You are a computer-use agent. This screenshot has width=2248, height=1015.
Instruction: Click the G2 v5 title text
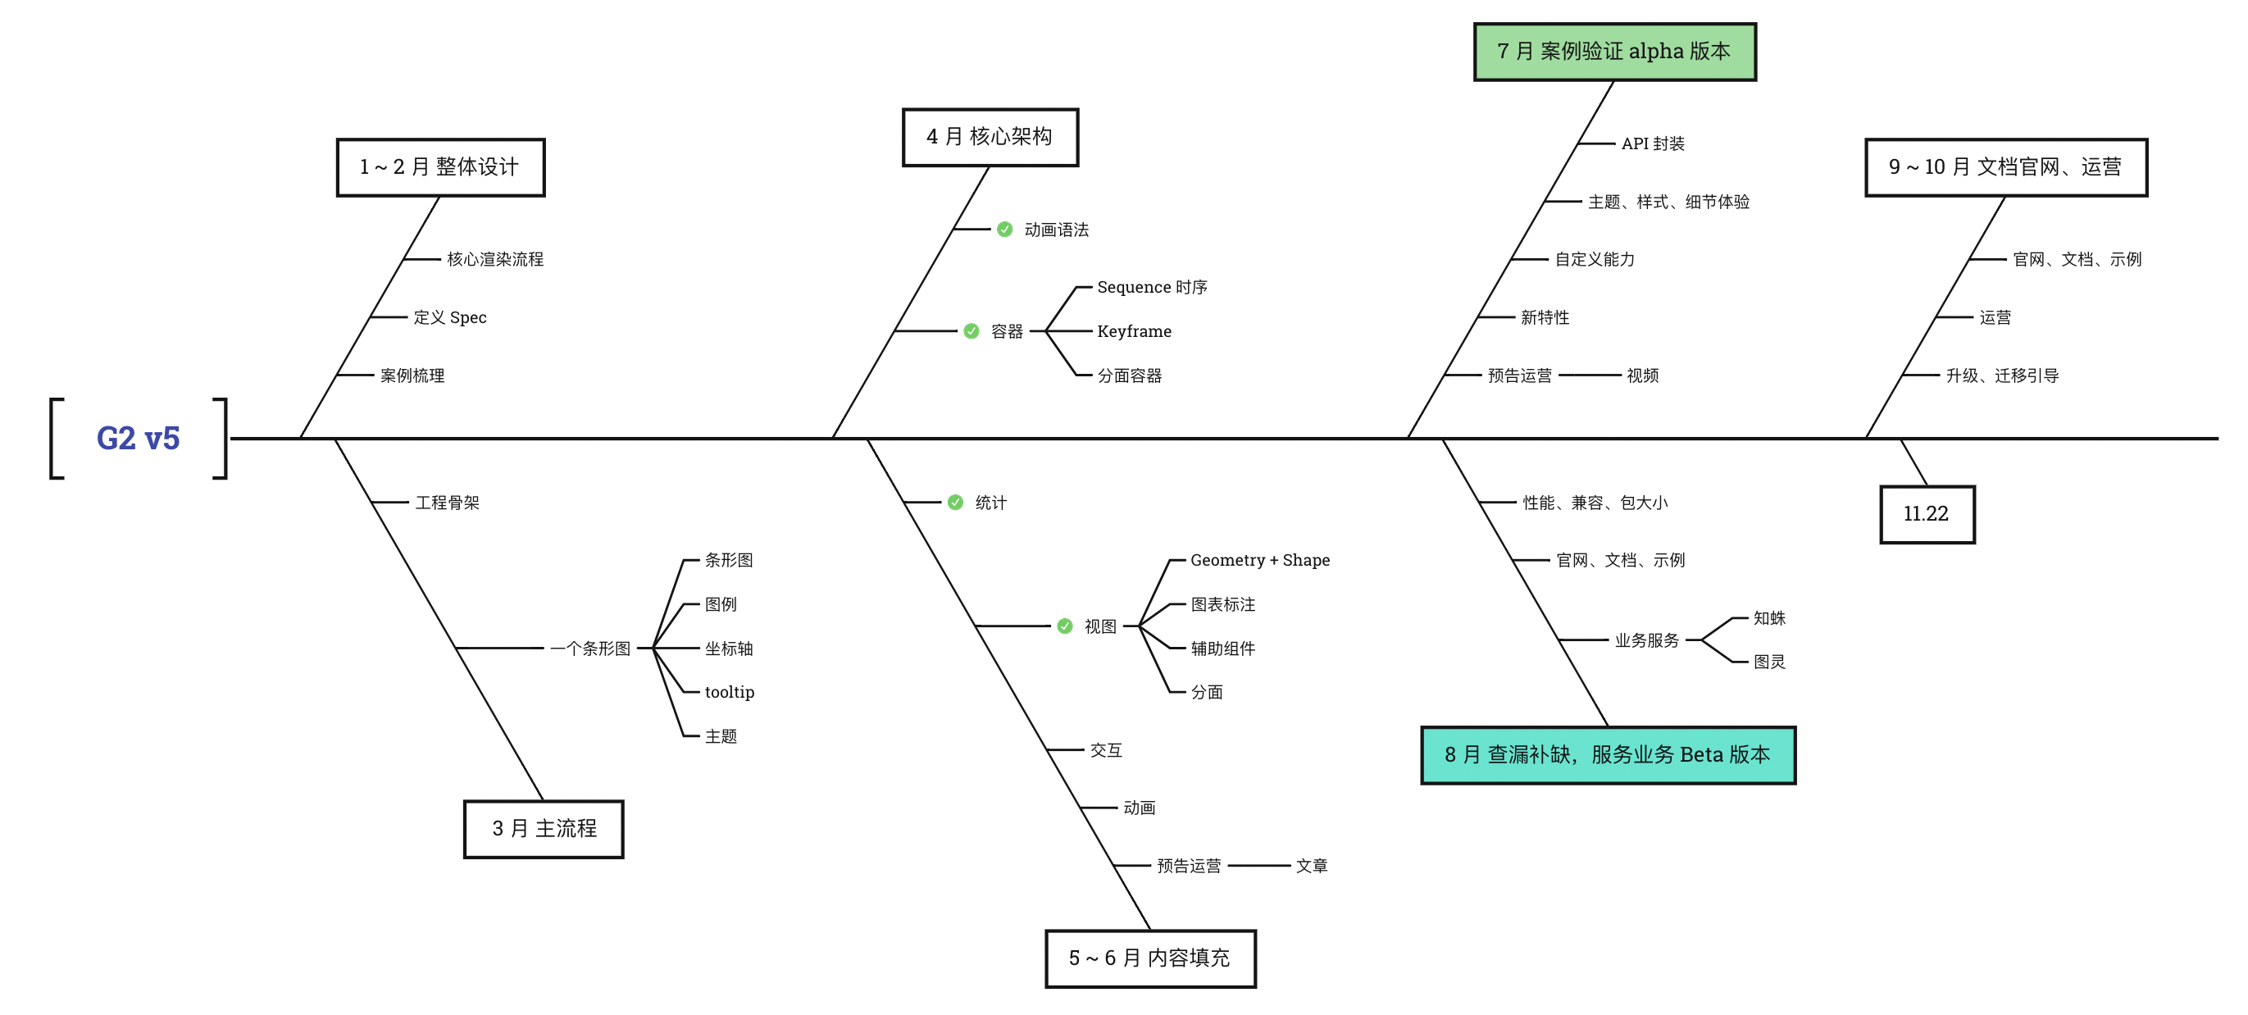pyautogui.click(x=138, y=438)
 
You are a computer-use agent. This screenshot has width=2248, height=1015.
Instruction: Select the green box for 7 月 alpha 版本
pyautogui.click(x=1614, y=52)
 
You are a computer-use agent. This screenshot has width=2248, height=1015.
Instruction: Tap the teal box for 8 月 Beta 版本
pyautogui.click(x=1608, y=755)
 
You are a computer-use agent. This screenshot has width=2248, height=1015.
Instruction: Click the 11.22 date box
pyautogui.click(x=1927, y=514)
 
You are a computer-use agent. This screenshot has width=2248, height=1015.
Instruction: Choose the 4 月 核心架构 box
pyautogui.click(x=990, y=137)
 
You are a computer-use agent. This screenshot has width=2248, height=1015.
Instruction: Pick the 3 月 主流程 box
pyautogui.click(x=544, y=828)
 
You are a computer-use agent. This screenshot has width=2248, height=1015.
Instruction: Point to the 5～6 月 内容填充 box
pyautogui.click(x=1150, y=958)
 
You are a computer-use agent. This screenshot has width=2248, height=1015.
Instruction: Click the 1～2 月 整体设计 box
pyautogui.click(x=441, y=166)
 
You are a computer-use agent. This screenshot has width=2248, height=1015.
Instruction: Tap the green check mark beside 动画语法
pyautogui.click(x=1005, y=230)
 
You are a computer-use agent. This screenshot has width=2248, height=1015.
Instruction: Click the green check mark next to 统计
pyautogui.click(x=956, y=503)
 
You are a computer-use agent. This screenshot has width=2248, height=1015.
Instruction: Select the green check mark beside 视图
pyautogui.click(x=1065, y=626)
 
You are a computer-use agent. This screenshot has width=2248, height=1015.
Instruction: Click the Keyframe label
pyautogui.click(x=1135, y=332)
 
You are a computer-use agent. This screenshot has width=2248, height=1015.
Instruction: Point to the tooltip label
pyautogui.click(x=730, y=692)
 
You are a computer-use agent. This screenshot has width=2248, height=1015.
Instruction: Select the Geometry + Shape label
pyautogui.click(x=1260, y=560)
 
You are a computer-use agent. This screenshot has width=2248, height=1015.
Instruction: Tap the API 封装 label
pyautogui.click(x=1653, y=144)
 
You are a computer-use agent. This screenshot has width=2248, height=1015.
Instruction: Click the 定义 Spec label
pyautogui.click(x=450, y=317)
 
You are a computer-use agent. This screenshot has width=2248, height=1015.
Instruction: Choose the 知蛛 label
pyautogui.click(x=1770, y=618)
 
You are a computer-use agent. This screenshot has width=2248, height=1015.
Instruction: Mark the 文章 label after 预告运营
pyautogui.click(x=1312, y=866)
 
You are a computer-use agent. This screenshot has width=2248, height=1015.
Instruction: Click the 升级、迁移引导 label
pyautogui.click(x=2002, y=376)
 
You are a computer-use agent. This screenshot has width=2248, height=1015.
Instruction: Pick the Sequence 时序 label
pyautogui.click(x=1152, y=287)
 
